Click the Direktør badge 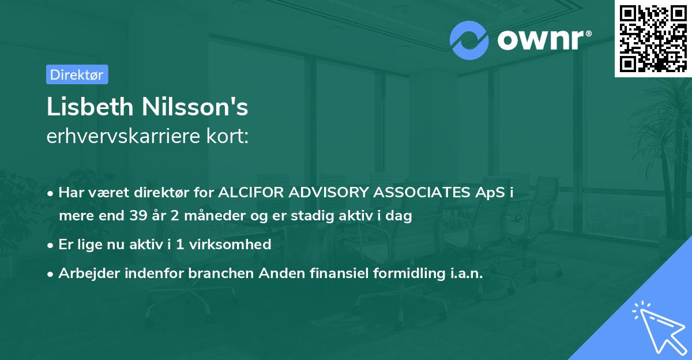(x=77, y=74)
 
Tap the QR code (x=652, y=38)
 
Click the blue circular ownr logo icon (x=469, y=40)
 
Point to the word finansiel (x=324, y=273)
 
